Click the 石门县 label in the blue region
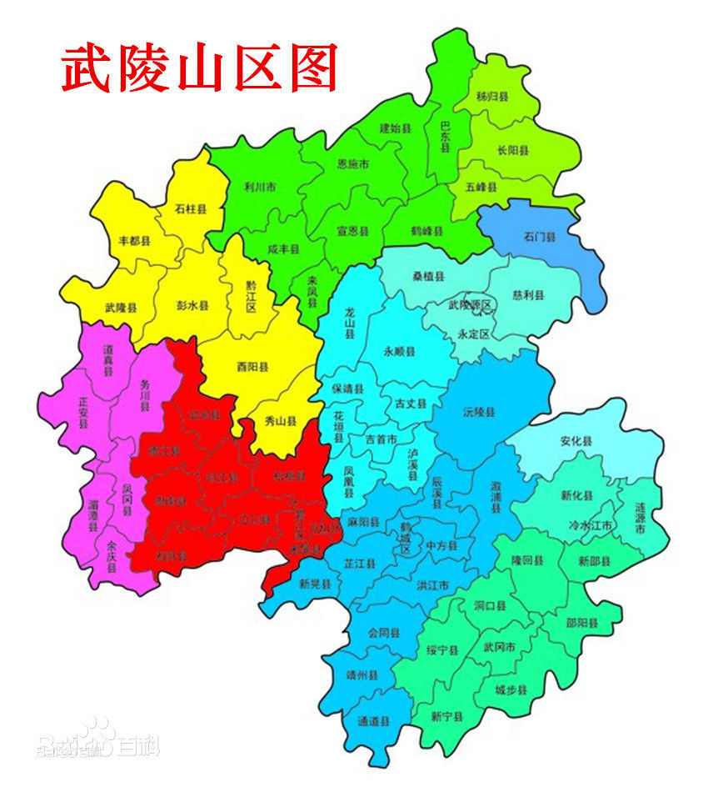coord(539,237)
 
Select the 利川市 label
coord(261,187)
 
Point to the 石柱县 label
coord(190,209)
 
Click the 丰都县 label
coord(134,241)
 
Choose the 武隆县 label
coord(122,308)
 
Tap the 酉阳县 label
coord(252,365)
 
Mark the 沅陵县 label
coord(479,412)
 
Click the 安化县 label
coord(576,440)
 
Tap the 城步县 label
coord(511,689)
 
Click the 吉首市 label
coord(381,439)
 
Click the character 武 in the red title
coord(87,68)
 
